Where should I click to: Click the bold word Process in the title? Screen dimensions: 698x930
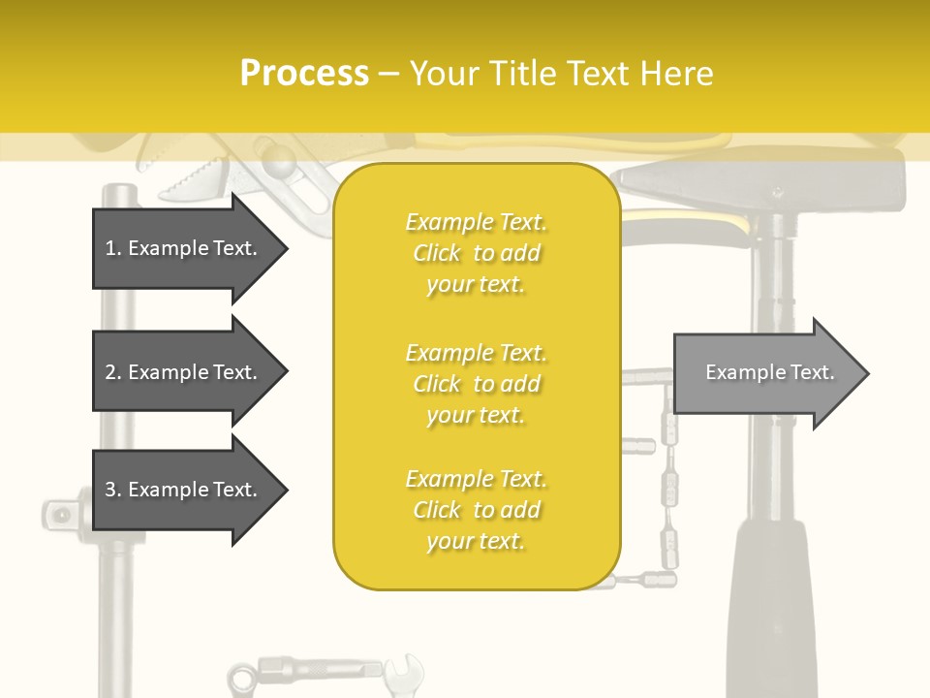point(304,73)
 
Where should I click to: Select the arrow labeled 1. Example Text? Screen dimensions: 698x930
point(184,248)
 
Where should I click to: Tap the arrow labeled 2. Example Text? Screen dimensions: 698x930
point(184,372)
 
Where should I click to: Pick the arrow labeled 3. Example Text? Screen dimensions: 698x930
point(184,490)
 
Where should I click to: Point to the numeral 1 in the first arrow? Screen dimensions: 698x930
point(110,248)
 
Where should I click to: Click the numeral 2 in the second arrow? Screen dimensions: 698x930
point(110,372)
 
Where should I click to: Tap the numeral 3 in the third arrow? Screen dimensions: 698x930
point(110,490)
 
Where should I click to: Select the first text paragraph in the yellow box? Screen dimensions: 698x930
point(476,253)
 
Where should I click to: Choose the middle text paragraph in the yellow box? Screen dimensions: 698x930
point(476,384)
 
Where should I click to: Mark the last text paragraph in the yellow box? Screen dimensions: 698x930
point(476,510)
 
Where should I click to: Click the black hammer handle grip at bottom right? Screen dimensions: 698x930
point(770,611)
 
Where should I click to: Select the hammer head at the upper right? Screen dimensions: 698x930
point(765,179)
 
